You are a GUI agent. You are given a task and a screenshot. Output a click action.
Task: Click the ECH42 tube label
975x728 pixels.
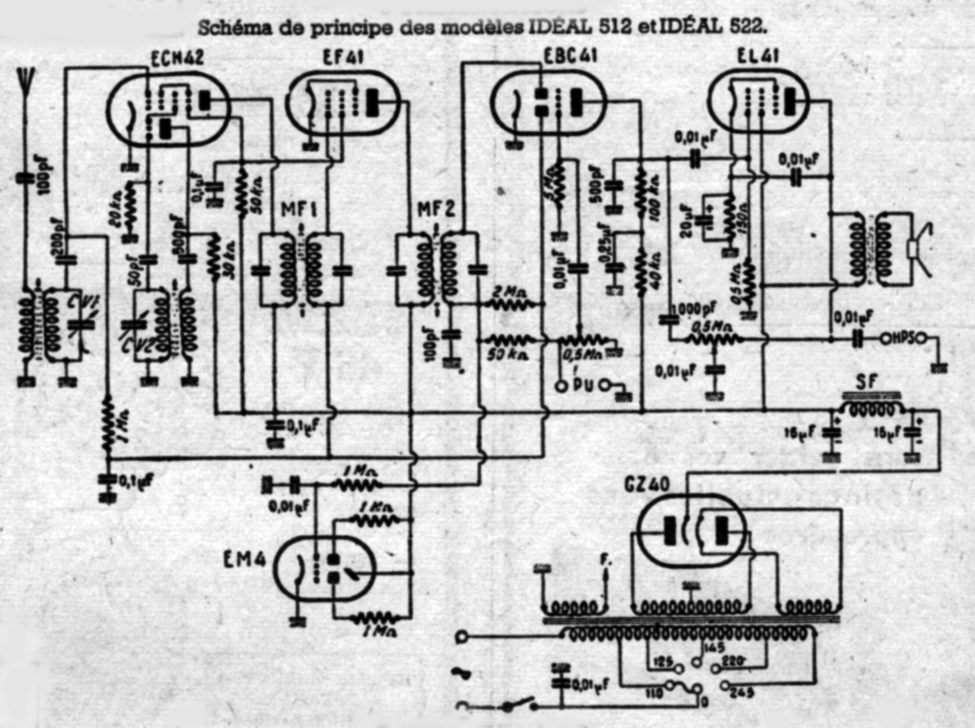coord(177,59)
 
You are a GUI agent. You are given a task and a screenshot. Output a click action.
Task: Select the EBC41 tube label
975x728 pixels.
coord(570,57)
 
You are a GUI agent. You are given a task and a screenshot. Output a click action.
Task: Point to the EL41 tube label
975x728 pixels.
coord(758,57)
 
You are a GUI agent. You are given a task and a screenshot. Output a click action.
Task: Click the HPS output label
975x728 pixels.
coord(904,338)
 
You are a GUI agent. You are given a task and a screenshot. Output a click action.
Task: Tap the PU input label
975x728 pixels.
coord(585,385)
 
